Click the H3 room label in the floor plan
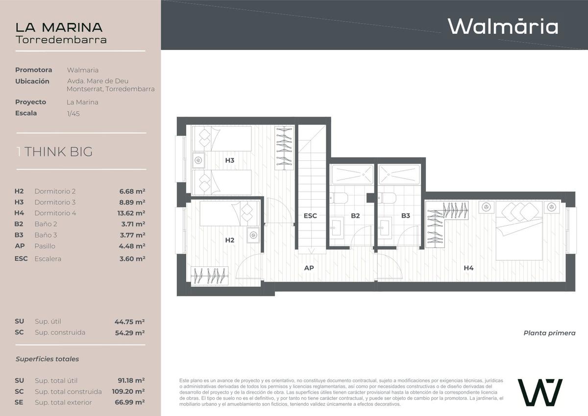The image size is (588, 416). pos(230,160)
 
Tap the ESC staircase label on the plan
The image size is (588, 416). pos(310,216)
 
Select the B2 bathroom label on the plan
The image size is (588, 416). pos(355,216)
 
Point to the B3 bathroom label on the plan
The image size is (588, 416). pos(406,216)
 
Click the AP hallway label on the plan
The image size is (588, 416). pos(309,268)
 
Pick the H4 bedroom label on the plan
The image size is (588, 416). pos(468,268)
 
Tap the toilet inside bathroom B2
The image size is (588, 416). pos(339,198)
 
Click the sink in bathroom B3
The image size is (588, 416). pos(385,228)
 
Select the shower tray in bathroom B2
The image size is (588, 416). pos(352,175)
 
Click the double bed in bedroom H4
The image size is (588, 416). pos(519,231)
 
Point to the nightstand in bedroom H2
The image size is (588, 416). pos(253,235)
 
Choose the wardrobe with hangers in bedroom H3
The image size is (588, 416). pos(284,148)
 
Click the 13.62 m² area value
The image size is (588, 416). pos(131,213)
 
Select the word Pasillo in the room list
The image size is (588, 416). pos(45,246)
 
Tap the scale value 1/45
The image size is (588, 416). pos(73,114)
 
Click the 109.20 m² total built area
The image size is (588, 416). pos(128,391)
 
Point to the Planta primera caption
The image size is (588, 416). pos(549,333)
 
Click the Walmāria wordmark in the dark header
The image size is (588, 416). pos(503,26)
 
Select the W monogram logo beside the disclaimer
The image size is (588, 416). pos(540,392)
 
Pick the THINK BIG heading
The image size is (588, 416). pos(58,152)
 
